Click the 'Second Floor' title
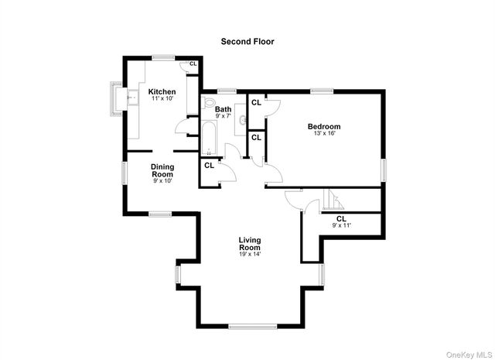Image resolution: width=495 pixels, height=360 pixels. tap(247, 41)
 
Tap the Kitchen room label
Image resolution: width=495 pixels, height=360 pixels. tap(162, 91)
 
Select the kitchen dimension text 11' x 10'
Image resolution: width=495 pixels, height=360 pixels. tap(162, 99)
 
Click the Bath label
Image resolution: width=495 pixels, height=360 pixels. tap(223, 110)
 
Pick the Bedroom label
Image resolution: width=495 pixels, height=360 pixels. tap(323, 126)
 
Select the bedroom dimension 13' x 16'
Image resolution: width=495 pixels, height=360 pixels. tap(323, 133)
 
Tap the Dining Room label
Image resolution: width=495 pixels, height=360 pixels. tap(162, 170)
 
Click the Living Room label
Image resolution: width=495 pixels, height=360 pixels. tap(250, 244)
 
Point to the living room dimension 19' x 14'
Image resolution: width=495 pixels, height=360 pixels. tap(250, 255)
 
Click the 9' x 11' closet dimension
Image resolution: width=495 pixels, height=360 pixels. tap(340, 225)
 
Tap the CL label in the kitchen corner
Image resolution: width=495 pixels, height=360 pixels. tap(193, 63)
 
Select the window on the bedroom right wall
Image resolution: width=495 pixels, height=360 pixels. tap(383, 170)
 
